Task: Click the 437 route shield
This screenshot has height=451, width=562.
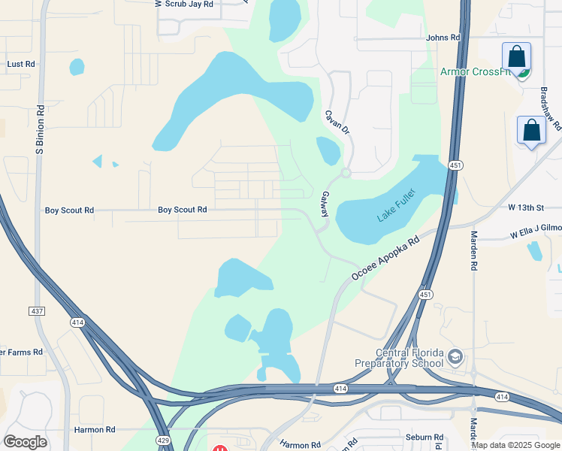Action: (38, 310)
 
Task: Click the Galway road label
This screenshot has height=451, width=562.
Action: (326, 204)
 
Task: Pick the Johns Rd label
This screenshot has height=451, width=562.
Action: (443, 38)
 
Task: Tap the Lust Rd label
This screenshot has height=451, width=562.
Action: (21, 65)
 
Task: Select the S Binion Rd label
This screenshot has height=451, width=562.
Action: (41, 131)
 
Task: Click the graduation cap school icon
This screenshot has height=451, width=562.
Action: (454, 356)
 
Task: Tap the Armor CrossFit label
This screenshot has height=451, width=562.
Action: (476, 72)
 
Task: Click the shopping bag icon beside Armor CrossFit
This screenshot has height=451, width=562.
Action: (517, 57)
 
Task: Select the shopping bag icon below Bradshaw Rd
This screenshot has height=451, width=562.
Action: (532, 130)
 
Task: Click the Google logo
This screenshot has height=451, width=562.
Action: (25, 442)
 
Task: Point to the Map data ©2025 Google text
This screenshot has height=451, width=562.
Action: (515, 445)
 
